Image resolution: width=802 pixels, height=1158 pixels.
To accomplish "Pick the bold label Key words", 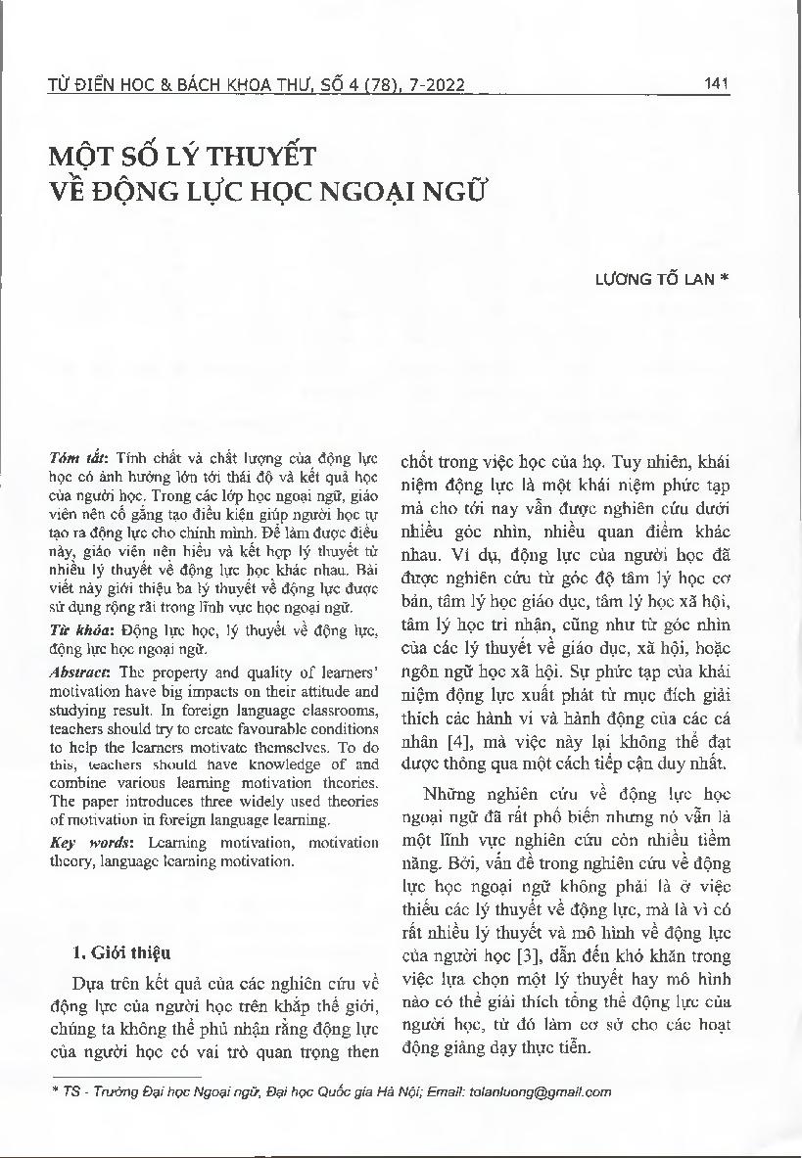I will point(80,843).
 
